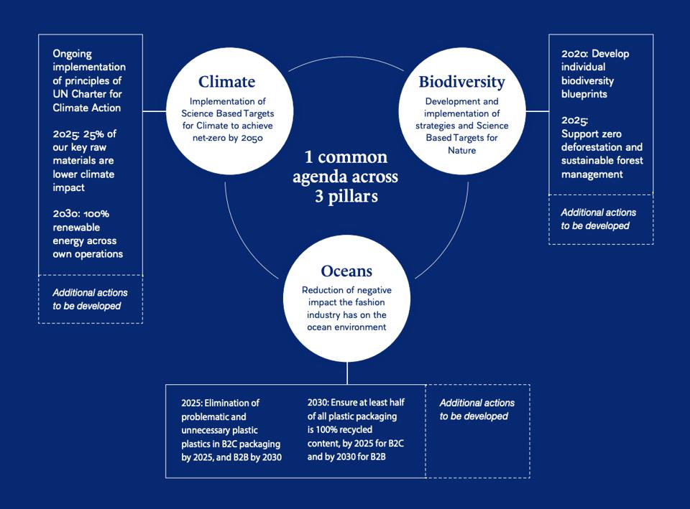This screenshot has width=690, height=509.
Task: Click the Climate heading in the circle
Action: point(226,82)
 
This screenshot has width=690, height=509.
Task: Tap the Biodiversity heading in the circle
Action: point(461,82)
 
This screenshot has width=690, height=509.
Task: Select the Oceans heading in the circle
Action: point(346,271)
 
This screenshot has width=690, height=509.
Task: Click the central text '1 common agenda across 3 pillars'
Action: point(345,177)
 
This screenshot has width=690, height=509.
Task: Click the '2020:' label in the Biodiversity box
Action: point(575,53)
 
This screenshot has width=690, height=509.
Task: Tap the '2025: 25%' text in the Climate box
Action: point(81,134)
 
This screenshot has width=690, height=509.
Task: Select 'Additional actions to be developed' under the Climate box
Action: point(90,299)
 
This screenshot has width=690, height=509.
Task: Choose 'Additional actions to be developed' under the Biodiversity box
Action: point(598,219)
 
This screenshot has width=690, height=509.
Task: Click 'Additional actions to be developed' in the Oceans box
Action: point(477,409)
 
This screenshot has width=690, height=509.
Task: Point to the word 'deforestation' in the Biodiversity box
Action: point(593,147)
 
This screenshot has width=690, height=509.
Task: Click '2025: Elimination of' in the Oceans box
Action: point(220,403)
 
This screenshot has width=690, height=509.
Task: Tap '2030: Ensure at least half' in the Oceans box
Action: point(356,403)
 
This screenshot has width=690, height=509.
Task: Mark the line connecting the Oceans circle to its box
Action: point(347,373)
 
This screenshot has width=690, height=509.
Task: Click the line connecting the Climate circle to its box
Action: point(155,111)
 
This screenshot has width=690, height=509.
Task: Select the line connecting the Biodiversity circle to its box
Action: point(538,111)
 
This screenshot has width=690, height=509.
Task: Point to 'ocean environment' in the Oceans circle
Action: point(346,327)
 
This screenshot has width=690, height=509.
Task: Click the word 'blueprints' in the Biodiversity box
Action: point(584,94)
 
